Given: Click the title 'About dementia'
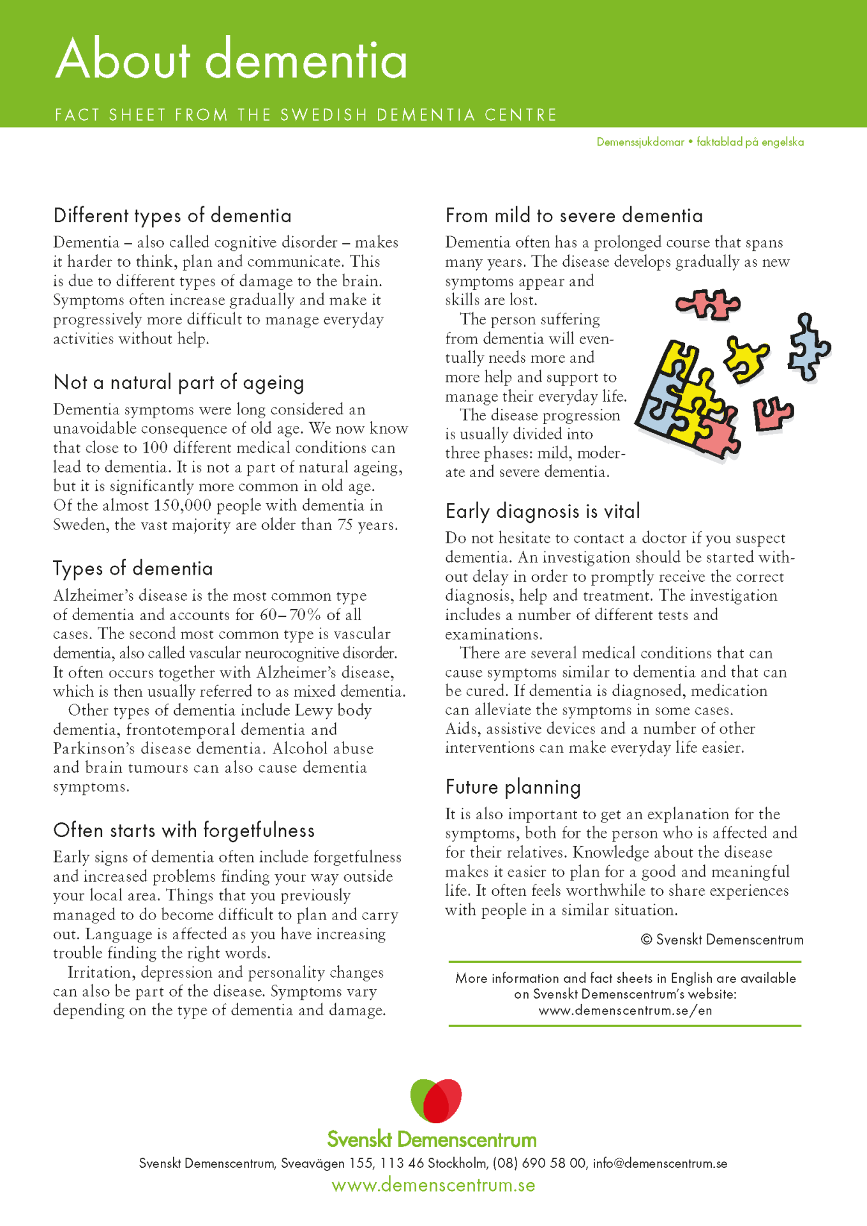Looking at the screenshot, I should (x=231, y=59).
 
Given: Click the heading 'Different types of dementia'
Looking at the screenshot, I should (x=172, y=216).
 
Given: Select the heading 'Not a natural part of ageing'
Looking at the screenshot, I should (x=179, y=382).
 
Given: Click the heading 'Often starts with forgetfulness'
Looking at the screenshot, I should (x=184, y=831).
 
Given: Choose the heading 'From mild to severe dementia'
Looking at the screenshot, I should (x=574, y=216).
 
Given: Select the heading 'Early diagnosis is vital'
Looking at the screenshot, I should (x=543, y=511).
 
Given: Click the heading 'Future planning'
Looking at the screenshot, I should (x=513, y=787).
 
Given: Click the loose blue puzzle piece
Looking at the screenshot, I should (x=808, y=347).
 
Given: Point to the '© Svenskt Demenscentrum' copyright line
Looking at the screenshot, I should (x=721, y=940).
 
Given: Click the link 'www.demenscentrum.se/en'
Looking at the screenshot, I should (x=625, y=1011).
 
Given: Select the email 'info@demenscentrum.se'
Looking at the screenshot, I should (x=660, y=1163).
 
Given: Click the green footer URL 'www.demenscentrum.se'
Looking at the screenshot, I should (x=433, y=1186).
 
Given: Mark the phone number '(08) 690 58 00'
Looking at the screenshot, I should (x=539, y=1163).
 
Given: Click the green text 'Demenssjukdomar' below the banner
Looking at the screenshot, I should (x=640, y=142).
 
